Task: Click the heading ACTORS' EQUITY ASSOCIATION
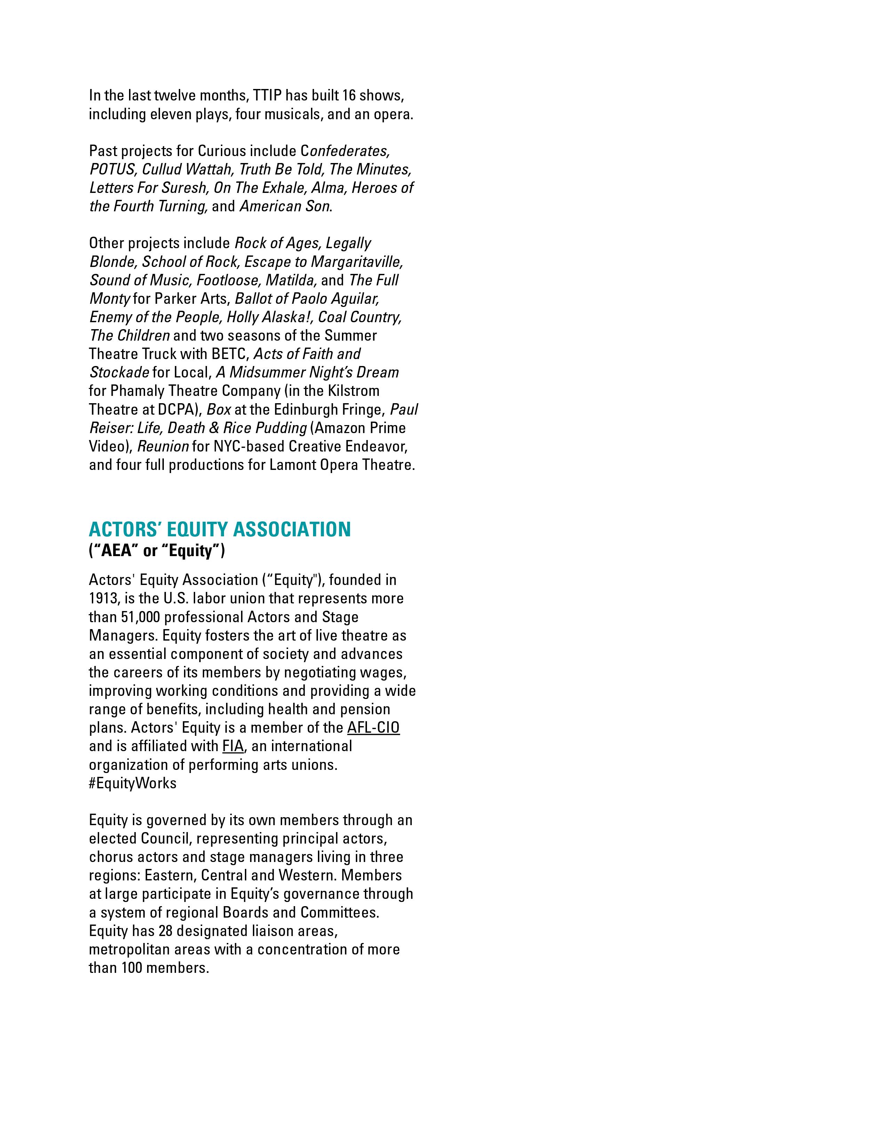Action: point(219,529)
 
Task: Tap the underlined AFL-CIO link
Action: point(373,728)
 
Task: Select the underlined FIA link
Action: point(232,746)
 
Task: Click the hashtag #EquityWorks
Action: point(133,783)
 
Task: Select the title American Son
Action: point(284,206)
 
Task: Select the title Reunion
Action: point(163,446)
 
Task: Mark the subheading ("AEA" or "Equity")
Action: point(157,551)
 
